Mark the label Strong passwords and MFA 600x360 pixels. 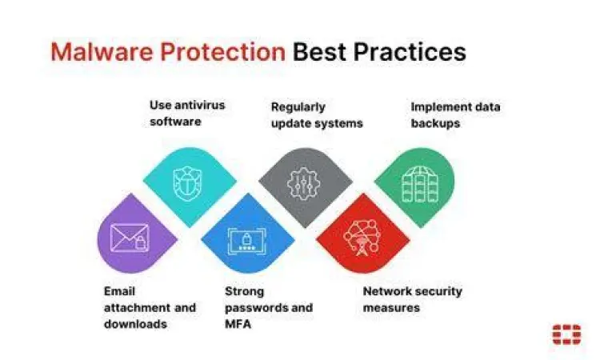pos(268,307)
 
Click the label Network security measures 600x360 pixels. pos(412,299)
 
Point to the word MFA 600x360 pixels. pos(238,324)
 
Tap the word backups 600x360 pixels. pos(435,123)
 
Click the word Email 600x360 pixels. pos(119,291)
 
